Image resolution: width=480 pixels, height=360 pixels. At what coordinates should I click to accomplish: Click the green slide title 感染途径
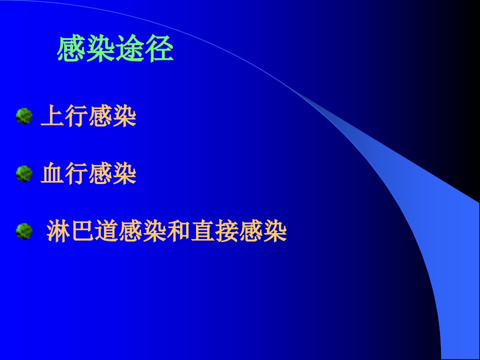115,48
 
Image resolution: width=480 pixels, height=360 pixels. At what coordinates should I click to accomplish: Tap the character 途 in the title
130,48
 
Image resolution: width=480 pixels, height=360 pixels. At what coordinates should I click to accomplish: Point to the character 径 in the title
159,48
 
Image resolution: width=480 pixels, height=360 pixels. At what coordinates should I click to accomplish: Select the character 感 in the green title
71,48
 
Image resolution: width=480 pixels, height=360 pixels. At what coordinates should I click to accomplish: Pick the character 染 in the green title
100,48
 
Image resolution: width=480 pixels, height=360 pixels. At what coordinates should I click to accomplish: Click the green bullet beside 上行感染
24,116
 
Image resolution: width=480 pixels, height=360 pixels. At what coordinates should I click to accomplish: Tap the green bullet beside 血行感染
24,173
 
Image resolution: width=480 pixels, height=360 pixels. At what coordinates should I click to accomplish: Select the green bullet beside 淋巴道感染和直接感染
24,231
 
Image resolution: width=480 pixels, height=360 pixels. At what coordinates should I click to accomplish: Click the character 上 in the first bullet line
52,115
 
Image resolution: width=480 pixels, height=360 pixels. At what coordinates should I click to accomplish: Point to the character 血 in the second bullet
52,173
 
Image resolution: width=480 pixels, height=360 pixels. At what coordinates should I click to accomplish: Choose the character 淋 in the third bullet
58,231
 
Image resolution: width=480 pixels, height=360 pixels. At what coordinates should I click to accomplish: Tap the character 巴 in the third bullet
82,231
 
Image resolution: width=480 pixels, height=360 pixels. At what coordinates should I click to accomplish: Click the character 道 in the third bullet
106,231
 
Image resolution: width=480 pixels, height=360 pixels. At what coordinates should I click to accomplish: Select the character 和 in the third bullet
179,231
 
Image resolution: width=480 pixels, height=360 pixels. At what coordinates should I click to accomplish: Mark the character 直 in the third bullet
202,231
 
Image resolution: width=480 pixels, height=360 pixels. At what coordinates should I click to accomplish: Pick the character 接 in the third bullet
227,231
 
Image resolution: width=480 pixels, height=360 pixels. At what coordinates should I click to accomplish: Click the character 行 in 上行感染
76,115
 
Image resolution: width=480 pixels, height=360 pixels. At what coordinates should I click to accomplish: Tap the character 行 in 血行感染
76,173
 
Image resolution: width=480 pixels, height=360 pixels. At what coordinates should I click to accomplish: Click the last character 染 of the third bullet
275,231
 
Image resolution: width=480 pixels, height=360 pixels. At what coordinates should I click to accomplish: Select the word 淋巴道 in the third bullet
82,231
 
